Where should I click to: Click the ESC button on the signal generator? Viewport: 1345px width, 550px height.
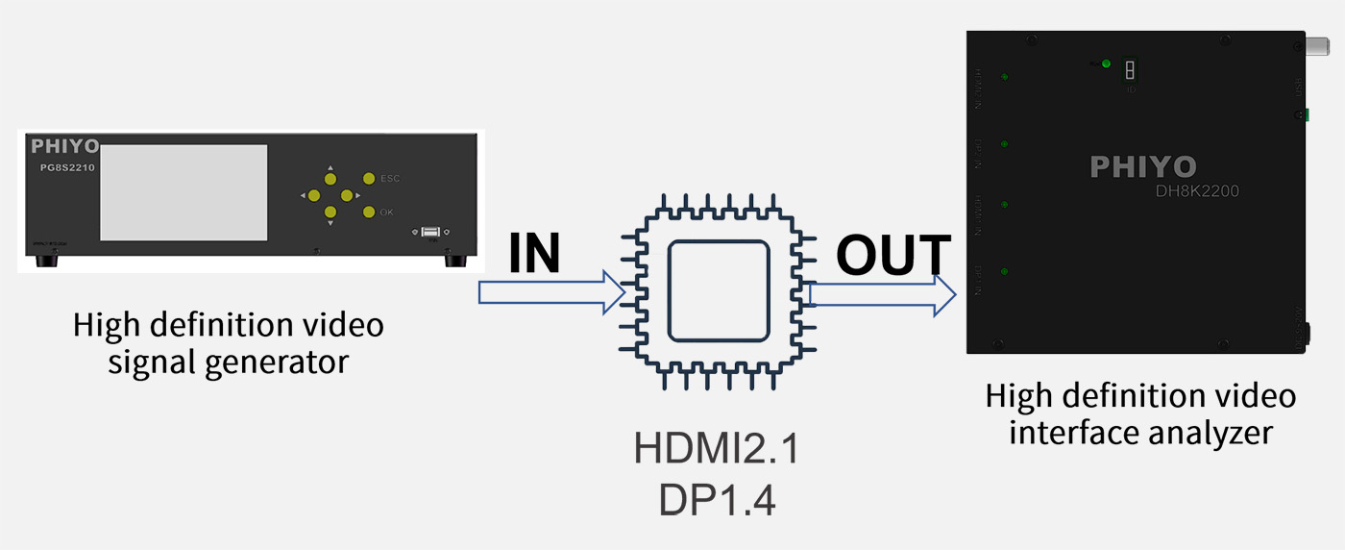point(369,178)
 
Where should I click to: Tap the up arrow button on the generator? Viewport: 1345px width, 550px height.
point(330,179)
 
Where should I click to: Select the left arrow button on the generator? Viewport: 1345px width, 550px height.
point(314,195)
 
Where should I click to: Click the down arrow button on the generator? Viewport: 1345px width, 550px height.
point(330,212)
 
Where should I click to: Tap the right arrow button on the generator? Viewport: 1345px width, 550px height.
point(347,195)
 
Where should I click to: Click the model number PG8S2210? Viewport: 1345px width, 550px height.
point(61,166)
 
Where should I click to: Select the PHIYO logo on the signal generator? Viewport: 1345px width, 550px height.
point(64,146)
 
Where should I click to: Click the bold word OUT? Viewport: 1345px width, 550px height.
point(893,256)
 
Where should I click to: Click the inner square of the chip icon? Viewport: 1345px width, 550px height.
point(719,290)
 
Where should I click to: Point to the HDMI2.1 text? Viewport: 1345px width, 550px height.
point(717,448)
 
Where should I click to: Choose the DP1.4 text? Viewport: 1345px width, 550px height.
point(717,500)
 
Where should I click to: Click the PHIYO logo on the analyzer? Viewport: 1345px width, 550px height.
point(1143,167)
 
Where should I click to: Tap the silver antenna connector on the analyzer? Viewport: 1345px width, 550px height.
point(1316,45)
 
